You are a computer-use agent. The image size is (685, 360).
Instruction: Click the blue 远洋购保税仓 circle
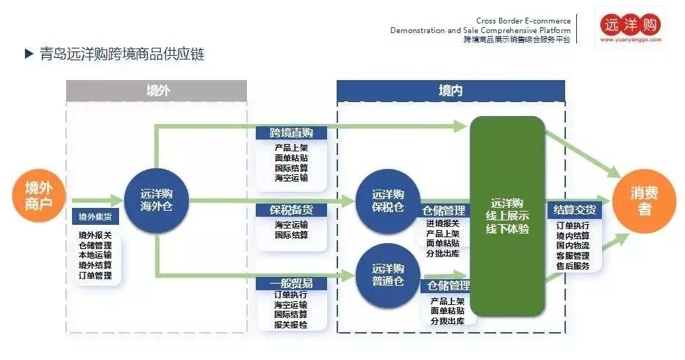pyautogui.click(x=387, y=201)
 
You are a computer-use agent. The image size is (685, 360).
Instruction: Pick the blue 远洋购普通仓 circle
pyautogui.click(x=387, y=274)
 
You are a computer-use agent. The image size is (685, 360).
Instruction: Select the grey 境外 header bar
pyautogui.click(x=157, y=90)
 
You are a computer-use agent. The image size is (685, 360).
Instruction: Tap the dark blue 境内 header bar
pyautogui.click(x=451, y=90)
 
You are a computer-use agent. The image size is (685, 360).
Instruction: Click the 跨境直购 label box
pyautogui.click(x=291, y=133)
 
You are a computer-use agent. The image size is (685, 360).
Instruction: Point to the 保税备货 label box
pyautogui.click(x=291, y=210)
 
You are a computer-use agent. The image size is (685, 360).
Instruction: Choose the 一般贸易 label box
pyautogui.click(x=291, y=283)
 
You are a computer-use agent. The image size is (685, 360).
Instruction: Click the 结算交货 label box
pyautogui.click(x=575, y=210)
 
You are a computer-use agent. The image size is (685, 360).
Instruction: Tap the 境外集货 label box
pyautogui.click(x=95, y=217)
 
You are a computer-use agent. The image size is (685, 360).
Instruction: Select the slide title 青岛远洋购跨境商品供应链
pyautogui.click(x=122, y=54)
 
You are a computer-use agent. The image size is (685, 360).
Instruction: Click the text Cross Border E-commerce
pyautogui.click(x=523, y=21)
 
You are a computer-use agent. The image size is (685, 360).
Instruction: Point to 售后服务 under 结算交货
pyautogui.click(x=573, y=266)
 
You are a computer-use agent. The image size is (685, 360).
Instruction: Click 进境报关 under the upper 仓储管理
pyautogui.click(x=442, y=223)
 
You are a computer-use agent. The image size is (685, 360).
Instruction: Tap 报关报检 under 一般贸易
pyautogui.click(x=291, y=324)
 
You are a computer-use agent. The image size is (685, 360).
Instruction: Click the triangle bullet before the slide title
pyautogui.click(x=29, y=54)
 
